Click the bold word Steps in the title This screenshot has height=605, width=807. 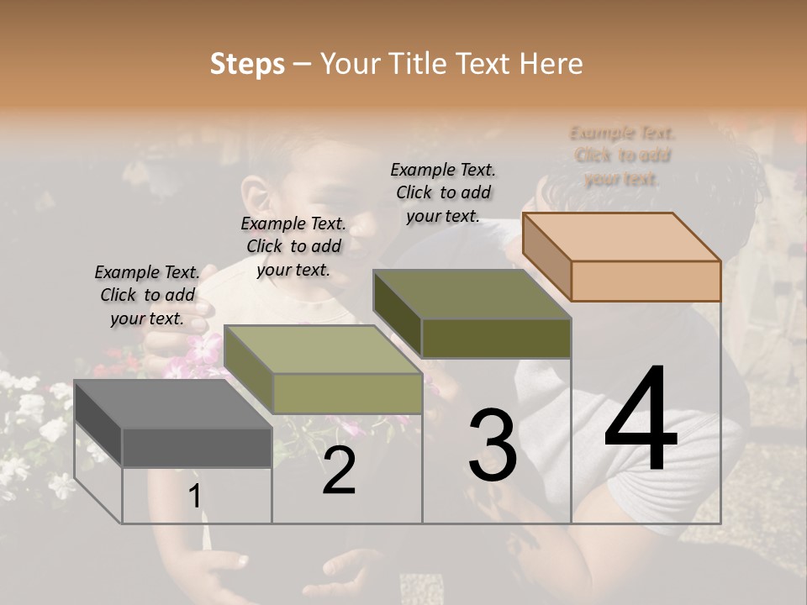(247, 64)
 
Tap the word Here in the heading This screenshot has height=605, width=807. (551, 64)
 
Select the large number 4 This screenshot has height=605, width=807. (641, 420)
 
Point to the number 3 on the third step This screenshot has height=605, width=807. (493, 445)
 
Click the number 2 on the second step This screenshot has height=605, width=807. (339, 471)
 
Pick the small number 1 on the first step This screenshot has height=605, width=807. (195, 497)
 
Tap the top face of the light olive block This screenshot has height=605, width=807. (323, 350)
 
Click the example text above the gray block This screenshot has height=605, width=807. (148, 295)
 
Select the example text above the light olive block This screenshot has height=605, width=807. (293, 246)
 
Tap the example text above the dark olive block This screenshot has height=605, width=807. (443, 192)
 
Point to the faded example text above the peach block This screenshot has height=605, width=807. (622, 155)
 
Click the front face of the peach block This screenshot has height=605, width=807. (646, 281)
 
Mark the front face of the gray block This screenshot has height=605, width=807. (197, 447)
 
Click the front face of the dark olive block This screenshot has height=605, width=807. (496, 338)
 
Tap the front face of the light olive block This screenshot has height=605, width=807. (346, 393)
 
